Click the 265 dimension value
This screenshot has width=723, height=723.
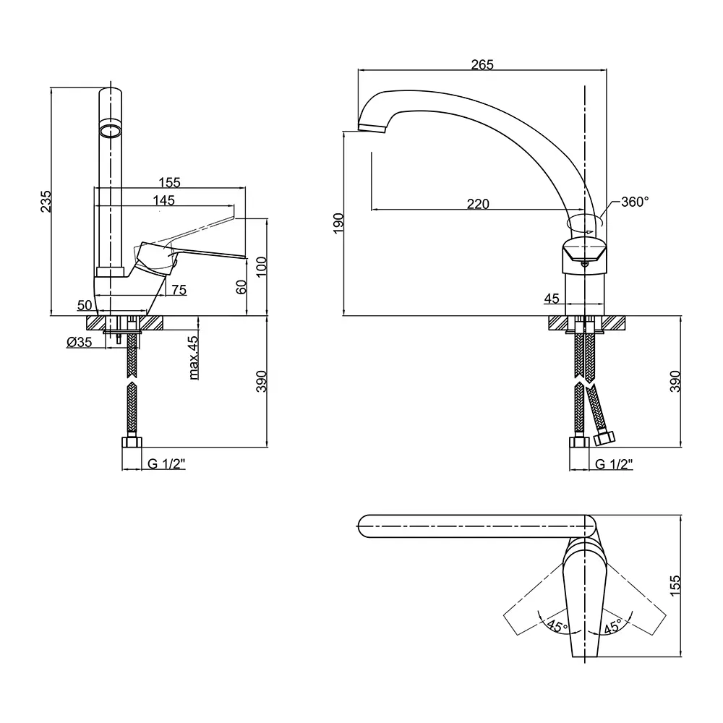[482, 64]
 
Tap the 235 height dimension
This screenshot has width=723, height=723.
[46, 201]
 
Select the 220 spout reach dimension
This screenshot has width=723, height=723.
[478, 204]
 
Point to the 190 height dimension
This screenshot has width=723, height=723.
[338, 223]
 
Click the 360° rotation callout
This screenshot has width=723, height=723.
[635, 202]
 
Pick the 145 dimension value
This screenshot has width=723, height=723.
[164, 200]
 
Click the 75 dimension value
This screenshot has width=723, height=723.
[179, 290]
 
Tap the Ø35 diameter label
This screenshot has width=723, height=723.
[80, 342]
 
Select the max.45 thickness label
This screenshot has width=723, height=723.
[194, 358]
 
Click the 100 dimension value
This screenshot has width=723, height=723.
[262, 267]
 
